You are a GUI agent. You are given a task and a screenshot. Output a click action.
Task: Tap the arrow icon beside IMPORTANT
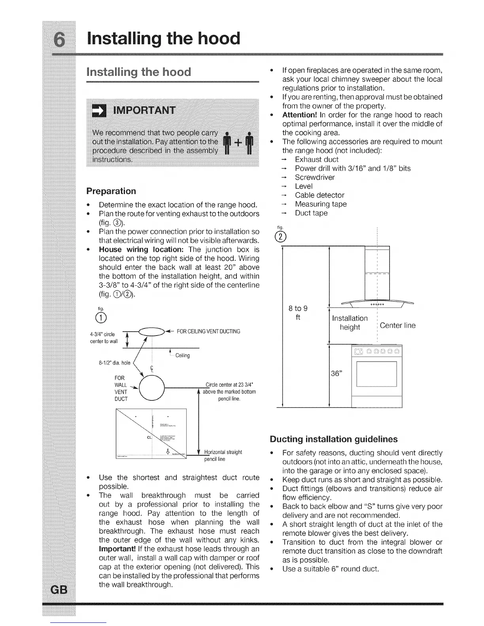pos(96,110)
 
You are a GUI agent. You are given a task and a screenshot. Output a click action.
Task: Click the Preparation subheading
pos(111,191)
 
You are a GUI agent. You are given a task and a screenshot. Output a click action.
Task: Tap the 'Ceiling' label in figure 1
pos(182,356)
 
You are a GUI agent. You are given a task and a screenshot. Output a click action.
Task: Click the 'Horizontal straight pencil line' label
pos(223,455)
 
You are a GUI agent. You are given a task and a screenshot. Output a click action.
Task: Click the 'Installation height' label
pos(350,322)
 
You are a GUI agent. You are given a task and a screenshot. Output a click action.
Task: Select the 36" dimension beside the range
pos(336,374)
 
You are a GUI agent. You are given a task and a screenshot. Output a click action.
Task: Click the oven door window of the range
pos(376,374)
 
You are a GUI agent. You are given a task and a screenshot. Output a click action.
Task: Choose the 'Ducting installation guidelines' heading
pos(333,439)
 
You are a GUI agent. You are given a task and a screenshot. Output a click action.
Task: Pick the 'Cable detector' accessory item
pos(320,195)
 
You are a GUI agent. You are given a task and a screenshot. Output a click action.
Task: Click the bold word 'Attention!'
pos(298,115)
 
